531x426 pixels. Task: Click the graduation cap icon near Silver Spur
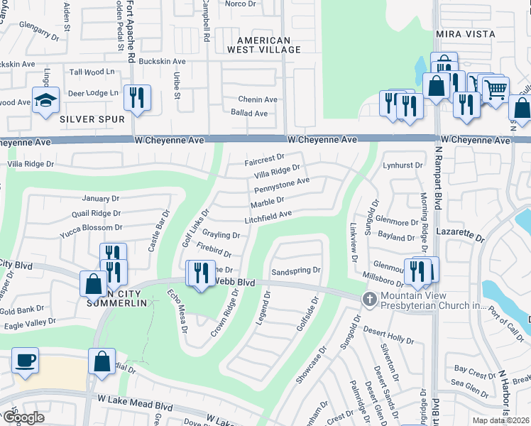[x=45, y=100]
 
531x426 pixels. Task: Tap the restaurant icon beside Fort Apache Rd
[x=137, y=97]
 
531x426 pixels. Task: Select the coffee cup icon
[x=25, y=360]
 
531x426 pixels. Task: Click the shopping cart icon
[x=496, y=89]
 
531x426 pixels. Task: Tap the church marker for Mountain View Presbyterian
[x=368, y=299]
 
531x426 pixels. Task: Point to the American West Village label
[x=263, y=45]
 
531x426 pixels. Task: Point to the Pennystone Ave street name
[x=282, y=186]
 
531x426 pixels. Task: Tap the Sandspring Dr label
[x=296, y=271]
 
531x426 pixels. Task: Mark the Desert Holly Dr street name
[x=388, y=331]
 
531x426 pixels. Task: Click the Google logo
[x=24, y=417]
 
